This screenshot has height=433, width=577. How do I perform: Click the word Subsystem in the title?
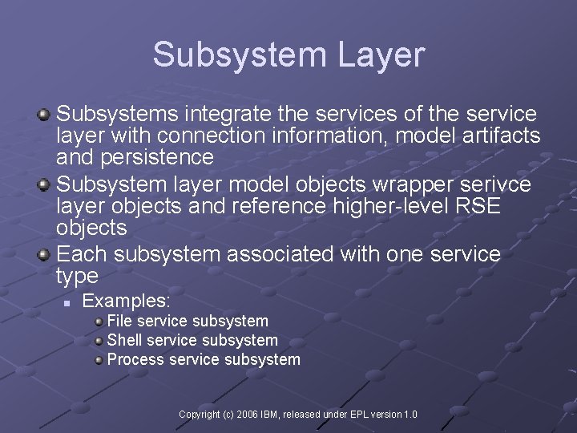[x=236, y=55]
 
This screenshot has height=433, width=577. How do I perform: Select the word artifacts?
[x=502, y=136]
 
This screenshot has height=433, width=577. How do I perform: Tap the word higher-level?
[x=380, y=206]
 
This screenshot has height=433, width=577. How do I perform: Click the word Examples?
[x=127, y=301]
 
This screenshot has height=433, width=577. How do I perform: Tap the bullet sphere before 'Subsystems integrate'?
[x=44, y=116]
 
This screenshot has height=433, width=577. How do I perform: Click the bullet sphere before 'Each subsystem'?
[x=44, y=256]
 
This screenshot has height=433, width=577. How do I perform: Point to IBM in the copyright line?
[x=273, y=415]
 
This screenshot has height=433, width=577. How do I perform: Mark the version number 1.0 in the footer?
[x=410, y=415]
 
